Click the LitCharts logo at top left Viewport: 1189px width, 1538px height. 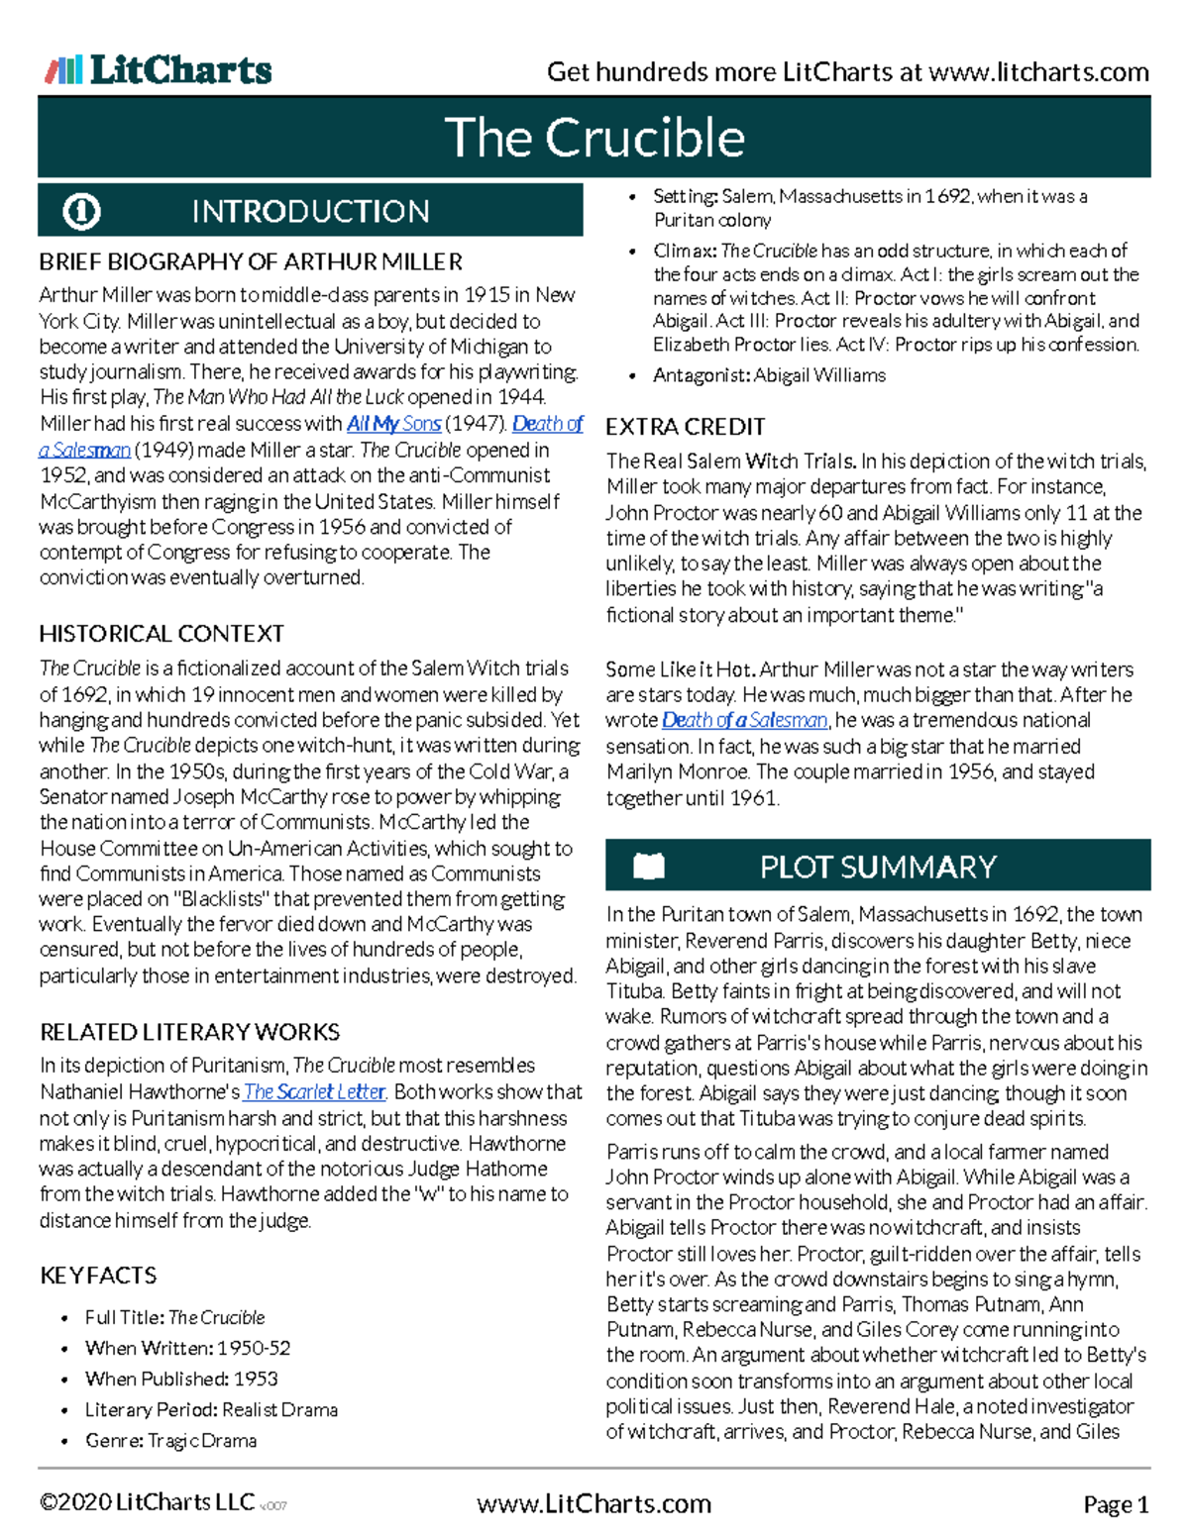(x=159, y=69)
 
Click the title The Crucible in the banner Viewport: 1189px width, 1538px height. (x=594, y=138)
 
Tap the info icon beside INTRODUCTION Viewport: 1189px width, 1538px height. (x=81, y=211)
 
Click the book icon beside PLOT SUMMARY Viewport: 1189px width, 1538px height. (x=649, y=867)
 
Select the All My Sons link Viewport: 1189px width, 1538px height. (x=393, y=424)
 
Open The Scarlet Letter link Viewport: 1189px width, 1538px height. (x=314, y=1091)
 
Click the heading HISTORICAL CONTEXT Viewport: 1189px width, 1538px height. (x=162, y=634)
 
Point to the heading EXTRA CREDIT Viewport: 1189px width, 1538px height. (x=685, y=427)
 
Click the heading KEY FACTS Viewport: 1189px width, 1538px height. (x=98, y=1276)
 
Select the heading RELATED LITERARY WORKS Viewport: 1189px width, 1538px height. (x=189, y=1032)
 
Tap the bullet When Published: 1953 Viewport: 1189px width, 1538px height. (x=181, y=1379)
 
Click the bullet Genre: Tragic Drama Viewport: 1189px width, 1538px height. (x=170, y=1440)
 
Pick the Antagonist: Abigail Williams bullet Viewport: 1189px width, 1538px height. (x=769, y=375)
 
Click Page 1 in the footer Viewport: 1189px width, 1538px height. (x=1116, y=1505)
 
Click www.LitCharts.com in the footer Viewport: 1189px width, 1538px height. (x=594, y=1504)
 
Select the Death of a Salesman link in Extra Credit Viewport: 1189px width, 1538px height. (x=744, y=721)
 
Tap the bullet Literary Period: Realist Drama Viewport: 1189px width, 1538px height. (x=211, y=1409)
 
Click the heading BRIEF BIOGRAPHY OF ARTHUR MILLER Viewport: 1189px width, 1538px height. (x=250, y=262)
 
